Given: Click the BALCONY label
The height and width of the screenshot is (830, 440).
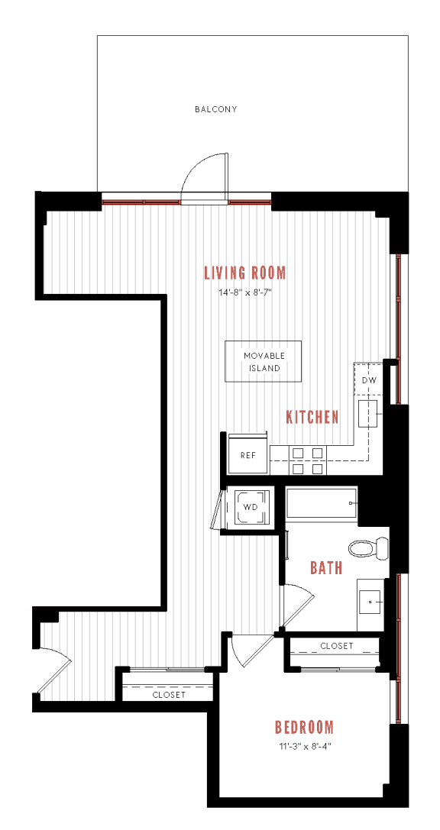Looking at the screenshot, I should pyautogui.click(x=215, y=109).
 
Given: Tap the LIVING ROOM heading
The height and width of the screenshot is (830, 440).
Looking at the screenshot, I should pyautogui.click(x=244, y=273).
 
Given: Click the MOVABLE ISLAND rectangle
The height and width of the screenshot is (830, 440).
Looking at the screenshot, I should pyautogui.click(x=263, y=362).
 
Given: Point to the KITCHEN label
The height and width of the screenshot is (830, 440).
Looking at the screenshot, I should pyautogui.click(x=312, y=417).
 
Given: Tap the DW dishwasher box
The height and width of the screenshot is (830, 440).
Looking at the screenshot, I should pyautogui.click(x=368, y=379).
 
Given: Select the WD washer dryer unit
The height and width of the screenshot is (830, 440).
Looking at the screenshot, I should pyautogui.click(x=250, y=507).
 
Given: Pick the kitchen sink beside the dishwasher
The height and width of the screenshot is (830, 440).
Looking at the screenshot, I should pyautogui.click(x=370, y=414).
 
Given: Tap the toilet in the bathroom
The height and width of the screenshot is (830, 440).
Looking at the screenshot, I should pyautogui.click(x=368, y=547).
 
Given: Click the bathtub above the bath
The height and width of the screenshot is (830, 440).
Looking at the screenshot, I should pyautogui.click(x=321, y=504).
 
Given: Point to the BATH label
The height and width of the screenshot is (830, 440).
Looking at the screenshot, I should pyautogui.click(x=325, y=568).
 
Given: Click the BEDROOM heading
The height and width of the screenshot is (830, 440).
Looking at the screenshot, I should pyautogui.click(x=304, y=727).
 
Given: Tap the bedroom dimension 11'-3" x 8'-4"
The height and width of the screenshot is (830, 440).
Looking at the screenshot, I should pyautogui.click(x=304, y=746).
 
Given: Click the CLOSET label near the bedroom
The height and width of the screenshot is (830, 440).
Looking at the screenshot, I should pyautogui.click(x=336, y=646).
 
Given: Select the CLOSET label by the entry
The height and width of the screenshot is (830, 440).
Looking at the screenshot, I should pyautogui.click(x=168, y=695).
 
